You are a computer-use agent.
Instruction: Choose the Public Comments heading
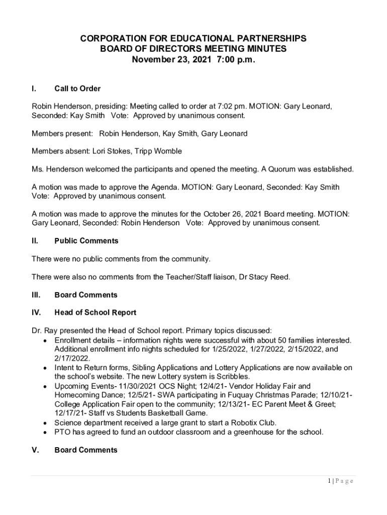click(86, 241)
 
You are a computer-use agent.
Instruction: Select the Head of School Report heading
click(95, 312)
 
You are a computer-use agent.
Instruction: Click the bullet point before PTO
click(46, 432)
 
